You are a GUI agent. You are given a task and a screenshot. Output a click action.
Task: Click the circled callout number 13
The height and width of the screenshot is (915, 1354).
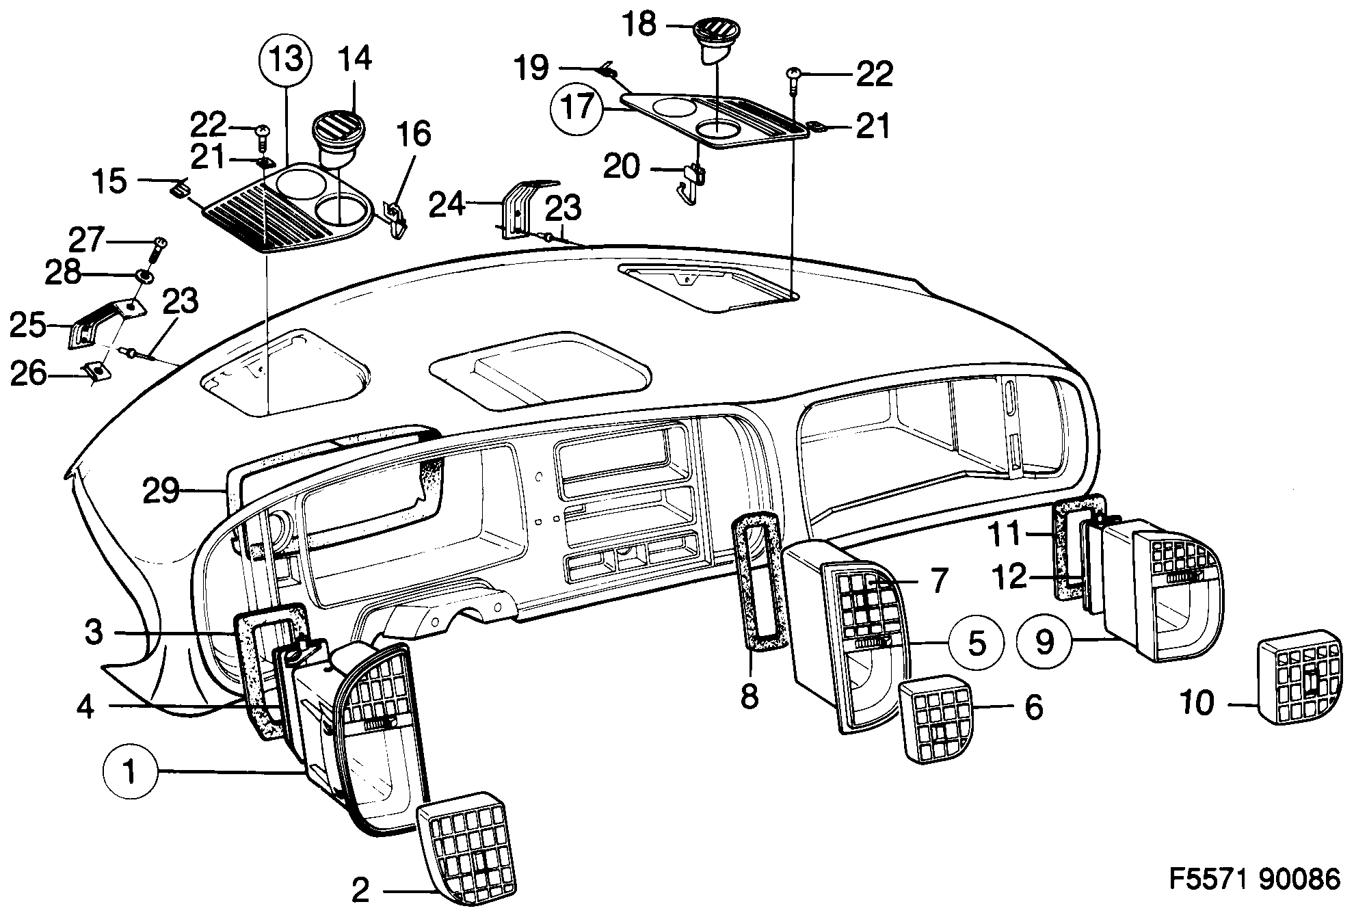pyautogui.click(x=285, y=60)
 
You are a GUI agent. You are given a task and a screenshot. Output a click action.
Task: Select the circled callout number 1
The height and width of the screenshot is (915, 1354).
pyautogui.click(x=129, y=773)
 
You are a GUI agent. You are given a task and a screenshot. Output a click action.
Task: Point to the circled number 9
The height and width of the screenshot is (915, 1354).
pyautogui.click(x=1044, y=641)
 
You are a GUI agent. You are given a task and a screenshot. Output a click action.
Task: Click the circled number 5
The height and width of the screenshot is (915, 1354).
pyautogui.click(x=977, y=643)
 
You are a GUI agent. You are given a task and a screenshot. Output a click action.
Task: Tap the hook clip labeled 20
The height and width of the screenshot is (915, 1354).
pyautogui.click(x=694, y=182)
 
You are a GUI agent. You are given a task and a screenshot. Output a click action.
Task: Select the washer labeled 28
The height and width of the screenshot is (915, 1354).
pyautogui.click(x=145, y=276)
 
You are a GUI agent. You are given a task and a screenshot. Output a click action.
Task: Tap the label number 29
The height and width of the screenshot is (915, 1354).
pyautogui.click(x=161, y=491)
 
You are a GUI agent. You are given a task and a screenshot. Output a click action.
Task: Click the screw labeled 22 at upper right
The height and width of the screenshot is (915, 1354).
pyautogui.click(x=795, y=79)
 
